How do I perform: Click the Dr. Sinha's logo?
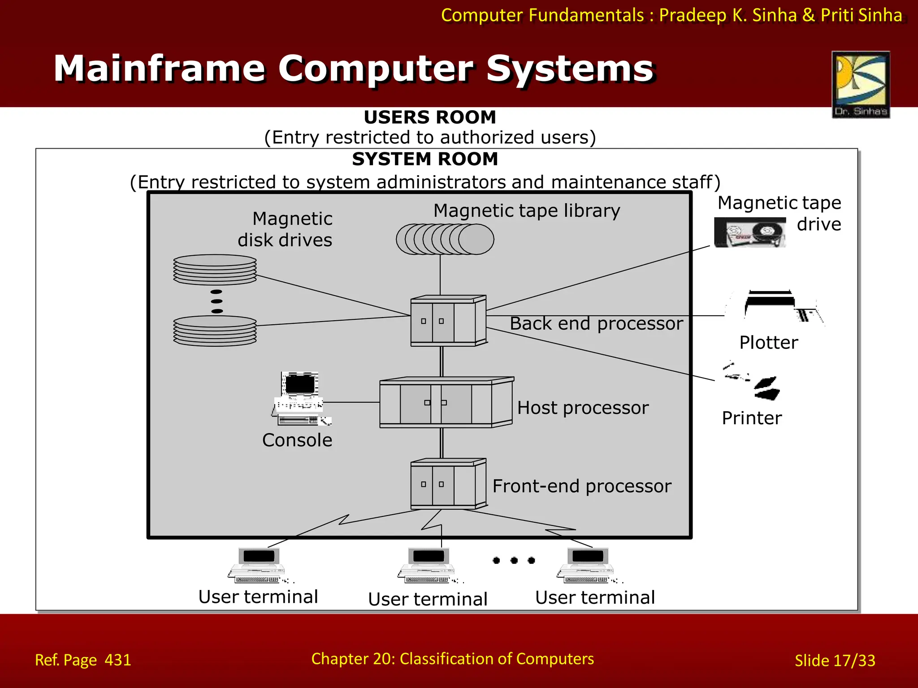[861, 85]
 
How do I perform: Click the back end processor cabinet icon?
[448, 321]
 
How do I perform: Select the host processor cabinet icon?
[446, 402]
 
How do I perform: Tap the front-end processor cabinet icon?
[448, 484]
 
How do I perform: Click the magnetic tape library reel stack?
[445, 239]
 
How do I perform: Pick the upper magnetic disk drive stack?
[215, 270]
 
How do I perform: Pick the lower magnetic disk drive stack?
[215, 331]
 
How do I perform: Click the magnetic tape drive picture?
[750, 232]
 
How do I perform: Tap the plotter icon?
[775, 306]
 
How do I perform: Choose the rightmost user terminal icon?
[587, 565]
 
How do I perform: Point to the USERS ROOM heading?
[430, 117]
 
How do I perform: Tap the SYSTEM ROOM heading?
[425, 159]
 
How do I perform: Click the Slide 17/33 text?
[835, 660]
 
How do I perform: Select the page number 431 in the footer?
[118, 660]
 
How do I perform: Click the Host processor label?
[583, 408]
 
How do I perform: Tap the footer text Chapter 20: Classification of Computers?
[453, 659]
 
